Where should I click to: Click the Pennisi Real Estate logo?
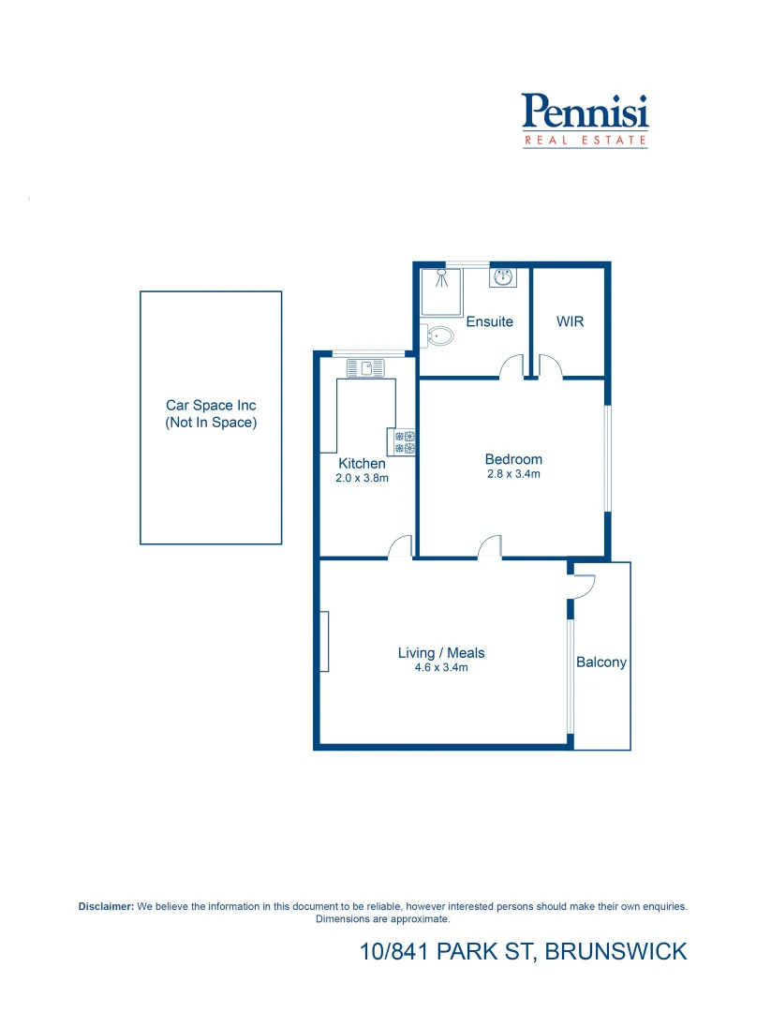(585, 119)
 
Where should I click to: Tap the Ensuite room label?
(489, 321)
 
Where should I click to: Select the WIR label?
(570, 321)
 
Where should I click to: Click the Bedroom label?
(513, 459)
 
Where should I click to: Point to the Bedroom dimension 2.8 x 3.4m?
(513, 474)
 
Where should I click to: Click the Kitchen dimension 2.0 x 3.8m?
(362, 478)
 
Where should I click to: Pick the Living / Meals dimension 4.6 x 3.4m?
(440, 668)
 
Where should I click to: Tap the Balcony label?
(601, 662)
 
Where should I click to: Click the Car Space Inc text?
(211, 406)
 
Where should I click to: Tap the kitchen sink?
(365, 368)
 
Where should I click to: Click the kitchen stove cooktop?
(405, 442)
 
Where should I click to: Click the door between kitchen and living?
(401, 547)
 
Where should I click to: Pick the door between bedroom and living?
(490, 547)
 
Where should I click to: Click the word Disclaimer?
(106, 907)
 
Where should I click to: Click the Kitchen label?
(362, 464)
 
